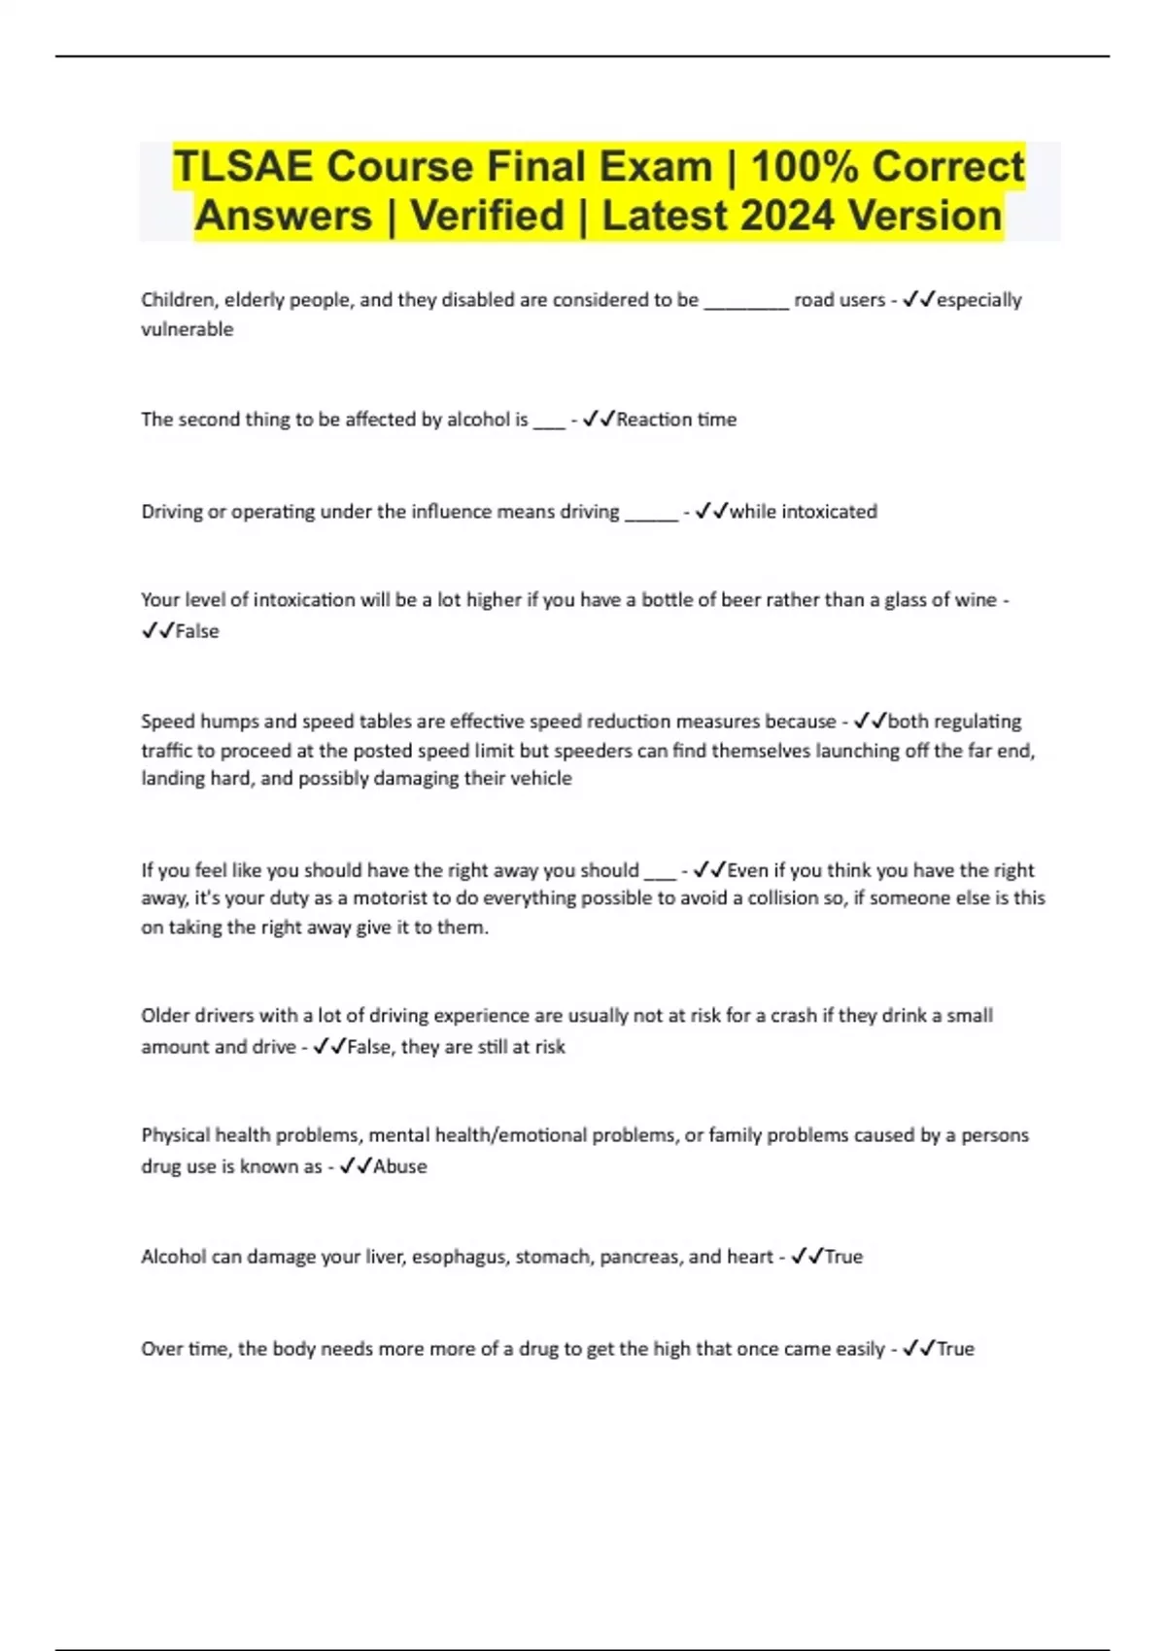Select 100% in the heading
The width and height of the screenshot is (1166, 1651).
(805, 167)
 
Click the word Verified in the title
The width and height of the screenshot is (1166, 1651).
(487, 216)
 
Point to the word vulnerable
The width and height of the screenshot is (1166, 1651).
(187, 329)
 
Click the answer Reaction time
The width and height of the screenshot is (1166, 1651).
(676, 420)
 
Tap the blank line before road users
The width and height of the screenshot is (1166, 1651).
(745, 301)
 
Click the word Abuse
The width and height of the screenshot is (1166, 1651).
(400, 1166)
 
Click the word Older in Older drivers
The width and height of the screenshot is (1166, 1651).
(164, 1016)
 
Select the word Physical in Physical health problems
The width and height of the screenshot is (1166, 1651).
(175, 1135)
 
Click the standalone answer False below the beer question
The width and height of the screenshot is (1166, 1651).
(197, 631)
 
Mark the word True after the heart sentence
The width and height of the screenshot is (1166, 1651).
(843, 1257)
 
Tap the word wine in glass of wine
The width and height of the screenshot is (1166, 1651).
(976, 600)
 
